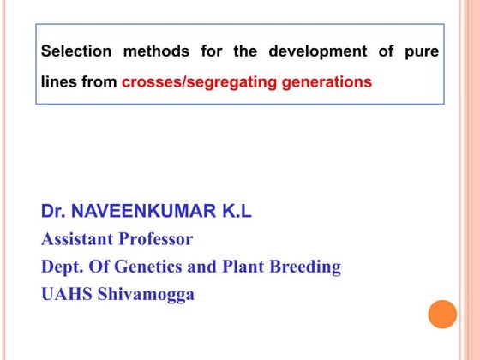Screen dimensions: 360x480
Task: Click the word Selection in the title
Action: click(76, 51)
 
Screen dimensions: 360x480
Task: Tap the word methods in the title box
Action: click(157, 51)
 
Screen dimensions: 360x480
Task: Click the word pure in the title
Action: click(422, 51)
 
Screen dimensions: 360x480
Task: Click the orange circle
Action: click(442, 314)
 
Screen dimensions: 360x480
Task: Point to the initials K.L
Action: click(233, 211)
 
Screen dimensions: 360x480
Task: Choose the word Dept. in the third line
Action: click(63, 267)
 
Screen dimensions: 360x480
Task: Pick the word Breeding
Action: click(307, 267)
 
